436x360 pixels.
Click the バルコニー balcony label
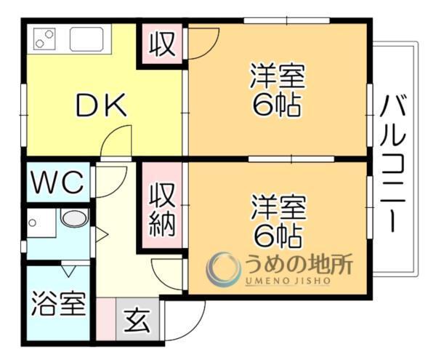(x=396, y=164)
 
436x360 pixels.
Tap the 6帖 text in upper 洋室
(x=278, y=106)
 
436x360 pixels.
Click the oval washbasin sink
(x=73, y=218)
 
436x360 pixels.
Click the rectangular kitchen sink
(x=90, y=38)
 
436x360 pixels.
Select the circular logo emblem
(x=222, y=269)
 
